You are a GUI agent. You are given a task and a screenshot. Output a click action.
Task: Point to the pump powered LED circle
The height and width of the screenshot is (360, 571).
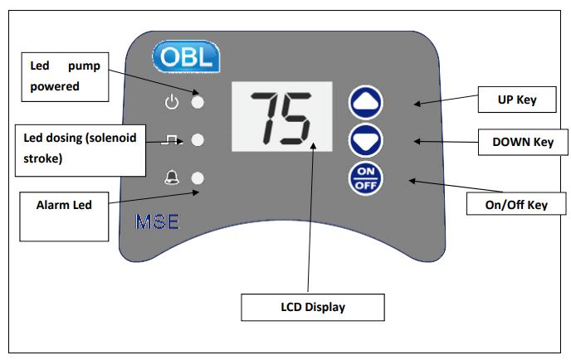point(198,103)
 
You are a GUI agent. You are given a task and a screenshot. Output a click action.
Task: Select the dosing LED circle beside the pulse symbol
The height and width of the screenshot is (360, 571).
point(198,140)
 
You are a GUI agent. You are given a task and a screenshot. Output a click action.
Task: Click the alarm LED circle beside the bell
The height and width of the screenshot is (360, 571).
point(198,178)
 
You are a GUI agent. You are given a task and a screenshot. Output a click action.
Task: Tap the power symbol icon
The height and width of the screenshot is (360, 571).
point(172,103)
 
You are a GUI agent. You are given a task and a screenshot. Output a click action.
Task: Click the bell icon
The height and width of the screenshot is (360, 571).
point(172,178)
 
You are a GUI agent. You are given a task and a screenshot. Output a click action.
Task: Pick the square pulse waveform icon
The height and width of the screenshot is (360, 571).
point(171,140)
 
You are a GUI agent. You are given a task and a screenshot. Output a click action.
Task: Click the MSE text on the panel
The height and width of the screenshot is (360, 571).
point(155,222)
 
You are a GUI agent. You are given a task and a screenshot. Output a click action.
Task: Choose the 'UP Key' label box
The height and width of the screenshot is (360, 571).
point(513,100)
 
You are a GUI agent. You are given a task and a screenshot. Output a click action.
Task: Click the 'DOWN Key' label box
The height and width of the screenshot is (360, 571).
point(522,142)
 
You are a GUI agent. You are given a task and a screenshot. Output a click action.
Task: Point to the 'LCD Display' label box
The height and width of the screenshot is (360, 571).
point(312,307)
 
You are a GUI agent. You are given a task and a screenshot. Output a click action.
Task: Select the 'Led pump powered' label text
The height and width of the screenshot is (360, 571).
point(65,75)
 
